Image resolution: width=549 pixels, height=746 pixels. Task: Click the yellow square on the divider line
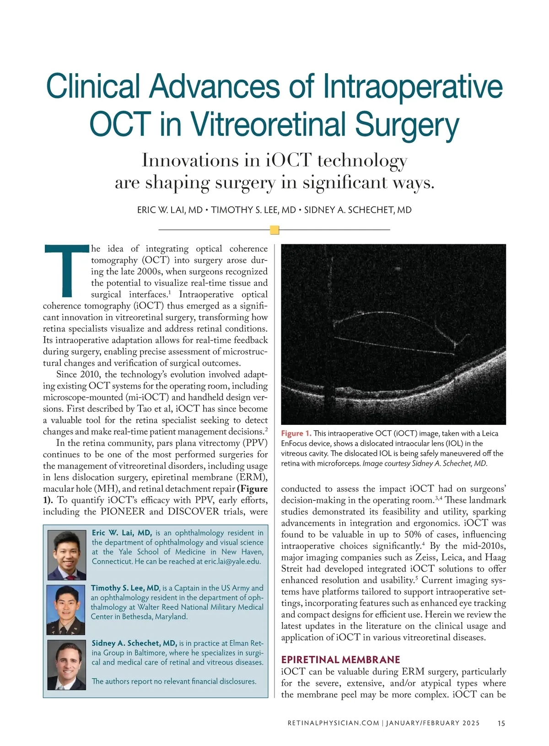pyautogui.click(x=274, y=230)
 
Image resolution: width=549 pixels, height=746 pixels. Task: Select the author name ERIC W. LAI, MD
pyautogui.click(x=170, y=210)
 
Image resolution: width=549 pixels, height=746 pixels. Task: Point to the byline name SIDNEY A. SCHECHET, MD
pyautogui.click(x=358, y=210)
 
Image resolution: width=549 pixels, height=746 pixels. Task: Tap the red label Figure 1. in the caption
pyautogui.click(x=296, y=434)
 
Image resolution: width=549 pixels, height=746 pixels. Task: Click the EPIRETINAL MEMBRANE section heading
pyautogui.click(x=340, y=660)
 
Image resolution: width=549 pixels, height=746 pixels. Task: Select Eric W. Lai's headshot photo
pyautogui.click(x=67, y=555)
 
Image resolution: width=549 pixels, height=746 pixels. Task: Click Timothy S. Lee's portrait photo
pyautogui.click(x=66, y=610)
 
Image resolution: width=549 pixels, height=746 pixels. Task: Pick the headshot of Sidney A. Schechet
pyautogui.click(x=67, y=665)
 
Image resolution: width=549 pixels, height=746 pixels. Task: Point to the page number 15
pyautogui.click(x=501, y=723)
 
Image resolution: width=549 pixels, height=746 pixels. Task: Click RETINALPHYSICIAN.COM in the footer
pyautogui.click(x=333, y=723)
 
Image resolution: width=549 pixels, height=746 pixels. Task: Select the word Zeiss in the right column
pyautogui.click(x=425, y=558)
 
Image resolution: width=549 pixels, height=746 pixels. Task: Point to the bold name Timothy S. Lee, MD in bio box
pyautogui.click(x=125, y=588)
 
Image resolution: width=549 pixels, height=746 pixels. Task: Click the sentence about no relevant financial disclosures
pyautogui.click(x=174, y=682)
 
